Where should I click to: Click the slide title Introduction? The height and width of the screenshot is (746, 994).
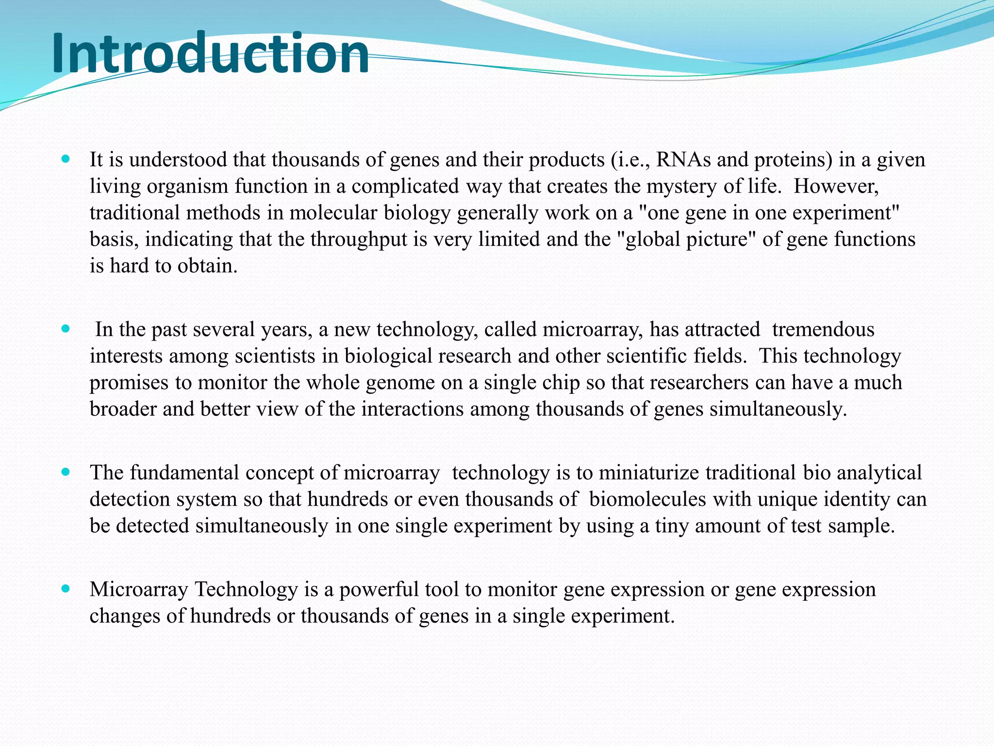click(210, 53)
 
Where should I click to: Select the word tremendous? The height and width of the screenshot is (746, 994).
click(823, 330)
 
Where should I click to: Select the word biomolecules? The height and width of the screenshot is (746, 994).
click(647, 499)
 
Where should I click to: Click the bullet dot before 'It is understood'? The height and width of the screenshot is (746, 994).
click(66, 159)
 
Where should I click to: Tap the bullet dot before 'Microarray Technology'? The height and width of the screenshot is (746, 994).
click(66, 589)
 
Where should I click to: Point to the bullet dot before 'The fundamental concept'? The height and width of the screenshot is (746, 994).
click(66, 472)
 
